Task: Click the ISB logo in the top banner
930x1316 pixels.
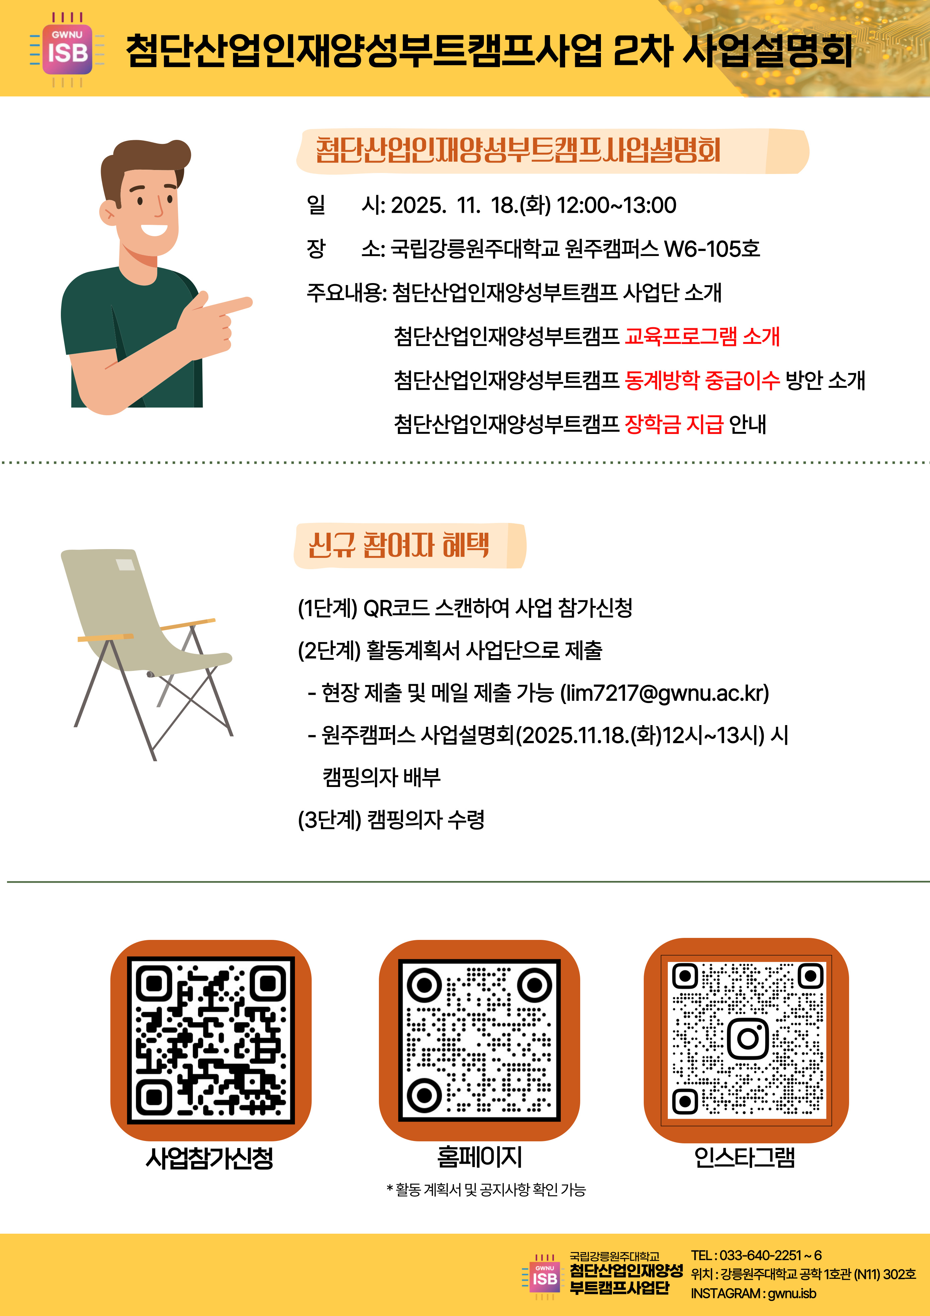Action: pos(67,50)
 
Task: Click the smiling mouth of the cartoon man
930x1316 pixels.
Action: pos(153,229)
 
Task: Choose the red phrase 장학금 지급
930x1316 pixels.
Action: pos(674,424)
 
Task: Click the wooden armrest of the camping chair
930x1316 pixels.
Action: pos(105,637)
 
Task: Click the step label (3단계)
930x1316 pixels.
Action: pos(329,820)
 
